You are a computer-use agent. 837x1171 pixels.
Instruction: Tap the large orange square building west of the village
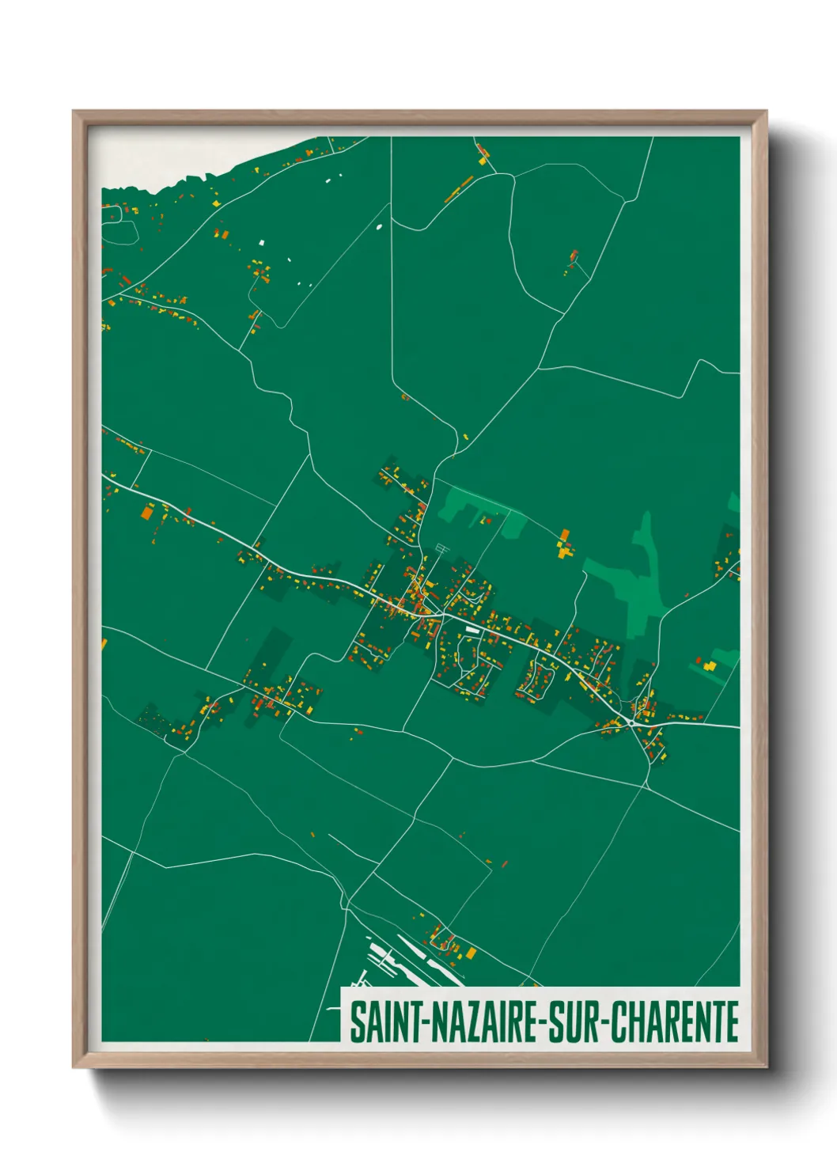coord(146,513)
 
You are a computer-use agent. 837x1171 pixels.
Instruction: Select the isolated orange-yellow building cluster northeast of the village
coord(563,544)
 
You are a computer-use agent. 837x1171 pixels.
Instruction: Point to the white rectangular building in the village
coord(472,630)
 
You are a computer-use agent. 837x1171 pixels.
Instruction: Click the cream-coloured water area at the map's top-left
coord(158,162)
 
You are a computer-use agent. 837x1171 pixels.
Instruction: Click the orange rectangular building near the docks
coord(472,952)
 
